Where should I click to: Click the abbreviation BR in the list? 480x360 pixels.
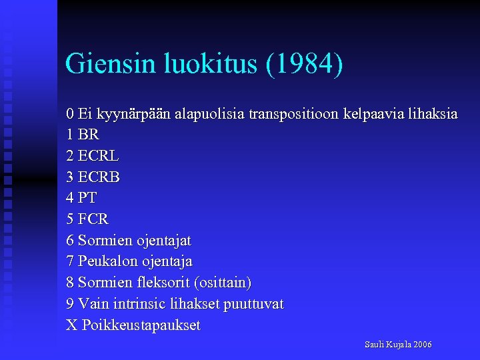[89, 135]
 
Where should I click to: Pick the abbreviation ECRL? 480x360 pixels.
[99, 156]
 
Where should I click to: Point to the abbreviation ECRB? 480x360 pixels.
[99, 177]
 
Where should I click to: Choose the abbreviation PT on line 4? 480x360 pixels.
[87, 198]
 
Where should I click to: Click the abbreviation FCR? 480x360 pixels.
[93, 219]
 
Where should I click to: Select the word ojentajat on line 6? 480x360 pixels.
[164, 240]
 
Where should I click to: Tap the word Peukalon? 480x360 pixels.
[107, 261]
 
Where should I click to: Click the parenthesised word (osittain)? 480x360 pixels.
[220, 283]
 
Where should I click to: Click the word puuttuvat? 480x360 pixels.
[253, 304]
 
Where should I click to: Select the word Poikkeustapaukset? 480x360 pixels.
[141, 325]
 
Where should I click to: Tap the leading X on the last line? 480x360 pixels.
[71, 325]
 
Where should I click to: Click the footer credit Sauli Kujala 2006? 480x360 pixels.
[398, 345]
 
